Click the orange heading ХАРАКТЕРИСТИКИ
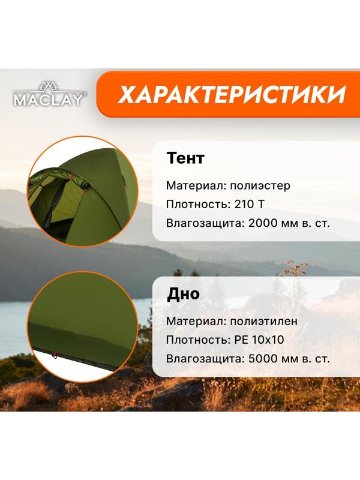[x=232, y=94]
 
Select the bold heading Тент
[x=185, y=158]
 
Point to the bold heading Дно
[x=183, y=294]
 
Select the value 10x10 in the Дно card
[x=268, y=340]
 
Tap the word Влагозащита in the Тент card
[x=202, y=223]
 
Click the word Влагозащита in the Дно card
[x=202, y=359]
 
